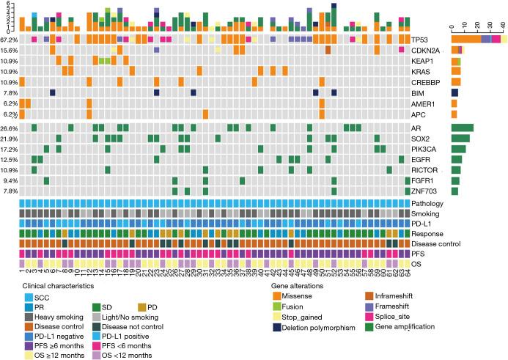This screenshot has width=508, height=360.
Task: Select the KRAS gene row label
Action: tap(422, 71)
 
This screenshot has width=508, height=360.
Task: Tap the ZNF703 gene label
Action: tap(424, 191)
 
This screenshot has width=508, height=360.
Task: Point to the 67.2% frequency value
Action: tap(10, 39)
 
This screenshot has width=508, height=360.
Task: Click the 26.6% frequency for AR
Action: tap(10, 128)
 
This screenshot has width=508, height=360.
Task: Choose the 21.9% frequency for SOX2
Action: tap(10, 139)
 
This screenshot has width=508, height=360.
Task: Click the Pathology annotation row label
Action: tap(428, 202)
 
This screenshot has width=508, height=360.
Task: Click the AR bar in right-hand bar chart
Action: tap(462, 128)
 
